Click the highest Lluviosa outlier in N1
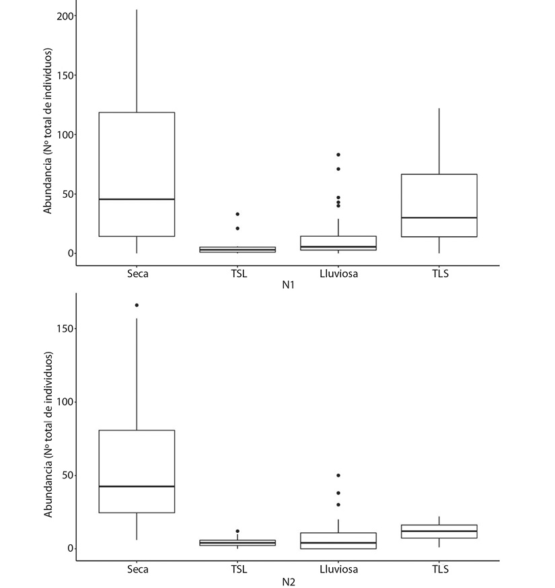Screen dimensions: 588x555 338,155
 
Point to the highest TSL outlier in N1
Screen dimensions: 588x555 237,214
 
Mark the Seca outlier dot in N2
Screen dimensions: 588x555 137,305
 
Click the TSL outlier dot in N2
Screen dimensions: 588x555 237,531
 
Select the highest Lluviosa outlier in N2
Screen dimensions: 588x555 338,476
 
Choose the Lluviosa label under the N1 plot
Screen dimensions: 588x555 338,274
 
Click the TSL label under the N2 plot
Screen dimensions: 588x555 237,569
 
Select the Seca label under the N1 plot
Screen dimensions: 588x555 137,274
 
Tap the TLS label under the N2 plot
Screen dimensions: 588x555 439,569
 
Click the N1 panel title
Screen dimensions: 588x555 288,285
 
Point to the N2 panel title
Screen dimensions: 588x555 288,581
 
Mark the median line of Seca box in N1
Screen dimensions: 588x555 137,199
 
